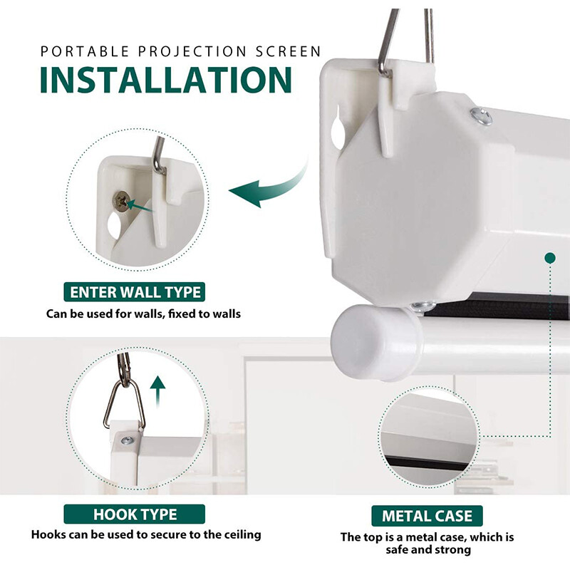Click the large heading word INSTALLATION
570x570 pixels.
tap(166, 80)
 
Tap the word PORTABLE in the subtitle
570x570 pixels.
tap(85, 51)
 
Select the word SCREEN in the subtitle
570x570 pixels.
tap(288, 51)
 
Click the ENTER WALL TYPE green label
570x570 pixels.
tap(135, 292)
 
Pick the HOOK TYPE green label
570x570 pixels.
tap(135, 514)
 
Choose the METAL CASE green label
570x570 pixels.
tap(427, 516)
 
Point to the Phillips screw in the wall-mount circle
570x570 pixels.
tap(122, 201)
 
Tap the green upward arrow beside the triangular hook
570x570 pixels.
tap(157, 391)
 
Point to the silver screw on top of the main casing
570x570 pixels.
tap(482, 116)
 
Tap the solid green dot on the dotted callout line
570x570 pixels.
tap(550, 258)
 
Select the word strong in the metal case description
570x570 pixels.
tap(452, 549)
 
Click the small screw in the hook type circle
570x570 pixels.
tap(128, 441)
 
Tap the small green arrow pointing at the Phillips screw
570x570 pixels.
tap(140, 206)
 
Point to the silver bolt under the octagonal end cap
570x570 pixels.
tap(423, 306)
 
